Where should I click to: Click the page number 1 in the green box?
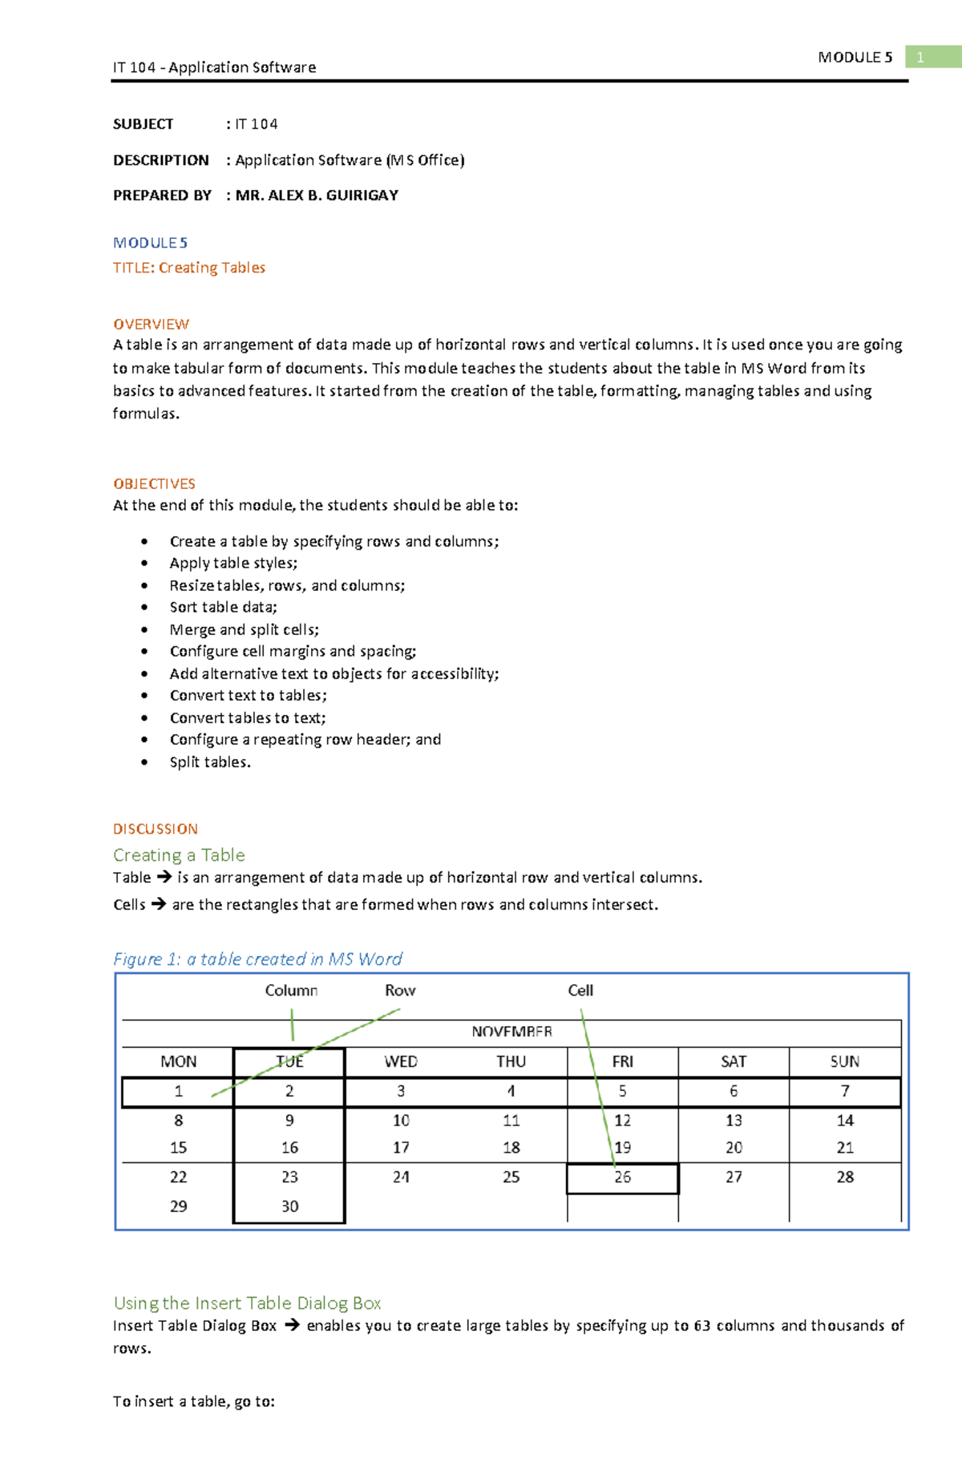point(920,57)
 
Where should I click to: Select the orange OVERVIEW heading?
point(151,324)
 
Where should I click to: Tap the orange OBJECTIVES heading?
point(154,483)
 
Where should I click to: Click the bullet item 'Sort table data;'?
point(223,607)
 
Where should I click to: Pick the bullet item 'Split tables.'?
point(210,762)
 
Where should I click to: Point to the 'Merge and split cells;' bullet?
point(244,629)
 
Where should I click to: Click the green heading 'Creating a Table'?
point(179,855)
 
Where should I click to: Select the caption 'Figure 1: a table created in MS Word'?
point(257,959)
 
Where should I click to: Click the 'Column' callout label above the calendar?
point(291,990)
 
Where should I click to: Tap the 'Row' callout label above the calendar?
point(400,990)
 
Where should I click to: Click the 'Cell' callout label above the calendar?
point(580,990)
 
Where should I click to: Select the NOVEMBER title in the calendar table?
point(511,1032)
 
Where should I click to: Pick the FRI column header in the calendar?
point(622,1061)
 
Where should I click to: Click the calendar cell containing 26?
point(622,1178)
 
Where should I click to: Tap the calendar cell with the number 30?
point(289,1206)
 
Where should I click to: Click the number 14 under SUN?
point(845,1121)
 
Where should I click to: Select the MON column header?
point(178,1061)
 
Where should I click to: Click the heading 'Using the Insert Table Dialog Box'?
point(247,1303)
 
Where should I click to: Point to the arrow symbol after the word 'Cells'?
point(159,903)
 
